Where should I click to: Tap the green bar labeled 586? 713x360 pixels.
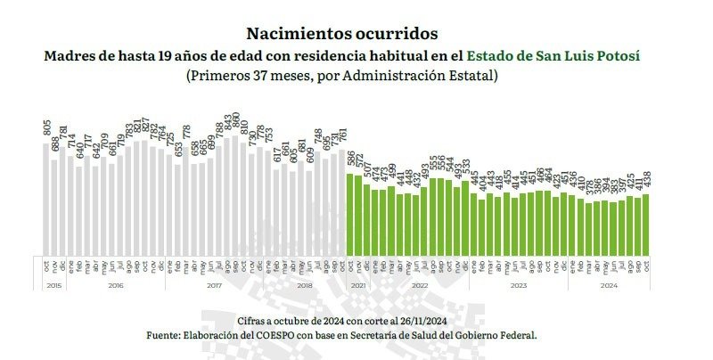point(350,214)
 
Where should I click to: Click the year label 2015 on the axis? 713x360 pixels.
point(52,284)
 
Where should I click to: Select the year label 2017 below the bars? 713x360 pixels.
point(214,284)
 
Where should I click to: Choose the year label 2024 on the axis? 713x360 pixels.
point(611,284)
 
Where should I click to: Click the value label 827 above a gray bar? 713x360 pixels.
point(145,127)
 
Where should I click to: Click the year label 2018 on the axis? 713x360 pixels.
point(303,284)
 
